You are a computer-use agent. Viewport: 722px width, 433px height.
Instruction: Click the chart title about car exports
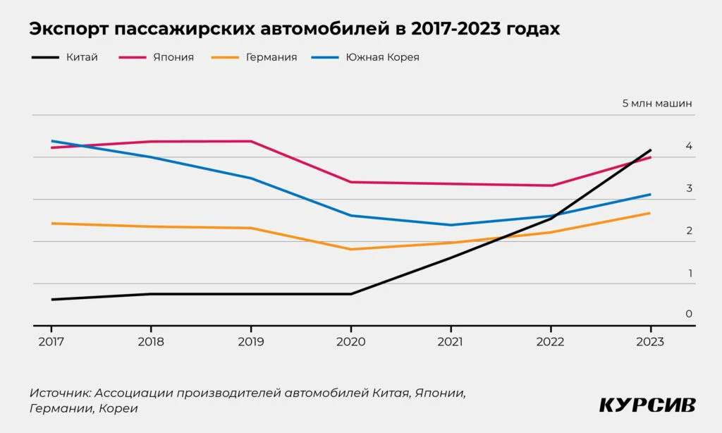click(x=295, y=30)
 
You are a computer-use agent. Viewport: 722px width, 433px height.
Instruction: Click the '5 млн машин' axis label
click(x=657, y=103)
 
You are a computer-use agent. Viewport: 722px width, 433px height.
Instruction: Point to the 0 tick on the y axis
click(x=688, y=314)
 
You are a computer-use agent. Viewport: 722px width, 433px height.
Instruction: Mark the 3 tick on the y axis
click(x=688, y=188)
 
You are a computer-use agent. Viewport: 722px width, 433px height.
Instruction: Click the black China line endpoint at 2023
click(x=650, y=150)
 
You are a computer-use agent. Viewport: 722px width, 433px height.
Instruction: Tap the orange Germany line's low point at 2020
click(x=351, y=249)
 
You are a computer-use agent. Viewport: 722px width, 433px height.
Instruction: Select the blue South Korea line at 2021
click(x=451, y=225)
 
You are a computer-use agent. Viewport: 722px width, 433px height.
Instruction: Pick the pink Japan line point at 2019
click(x=251, y=141)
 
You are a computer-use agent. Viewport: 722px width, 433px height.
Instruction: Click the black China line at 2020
click(x=351, y=293)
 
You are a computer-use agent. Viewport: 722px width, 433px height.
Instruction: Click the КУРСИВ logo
click(x=647, y=405)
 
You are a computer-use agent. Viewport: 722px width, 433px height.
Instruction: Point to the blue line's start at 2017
click(x=51, y=141)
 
